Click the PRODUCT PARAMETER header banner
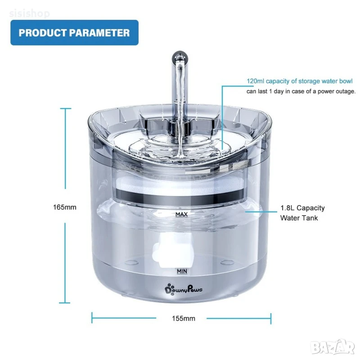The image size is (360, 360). tap(74, 32)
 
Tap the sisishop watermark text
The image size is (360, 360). tap(29, 13)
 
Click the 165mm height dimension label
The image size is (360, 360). tap(65, 207)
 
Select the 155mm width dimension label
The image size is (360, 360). tap(184, 319)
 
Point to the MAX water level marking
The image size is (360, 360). tap(182, 215)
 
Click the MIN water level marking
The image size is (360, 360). tap(182, 271)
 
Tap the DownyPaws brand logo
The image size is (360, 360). tap(184, 289)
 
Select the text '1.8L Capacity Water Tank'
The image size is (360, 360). tap(302, 213)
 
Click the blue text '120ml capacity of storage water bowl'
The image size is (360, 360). tap(300, 81)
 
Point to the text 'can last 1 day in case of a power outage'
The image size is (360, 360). tap(301, 91)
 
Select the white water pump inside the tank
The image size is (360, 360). tap(172, 249)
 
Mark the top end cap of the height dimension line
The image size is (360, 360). tap(65, 108)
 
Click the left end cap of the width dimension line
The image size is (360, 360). tap(92, 318)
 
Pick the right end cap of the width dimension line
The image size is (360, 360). tap(271, 319)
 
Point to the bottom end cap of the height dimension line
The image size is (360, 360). tap(65, 303)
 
